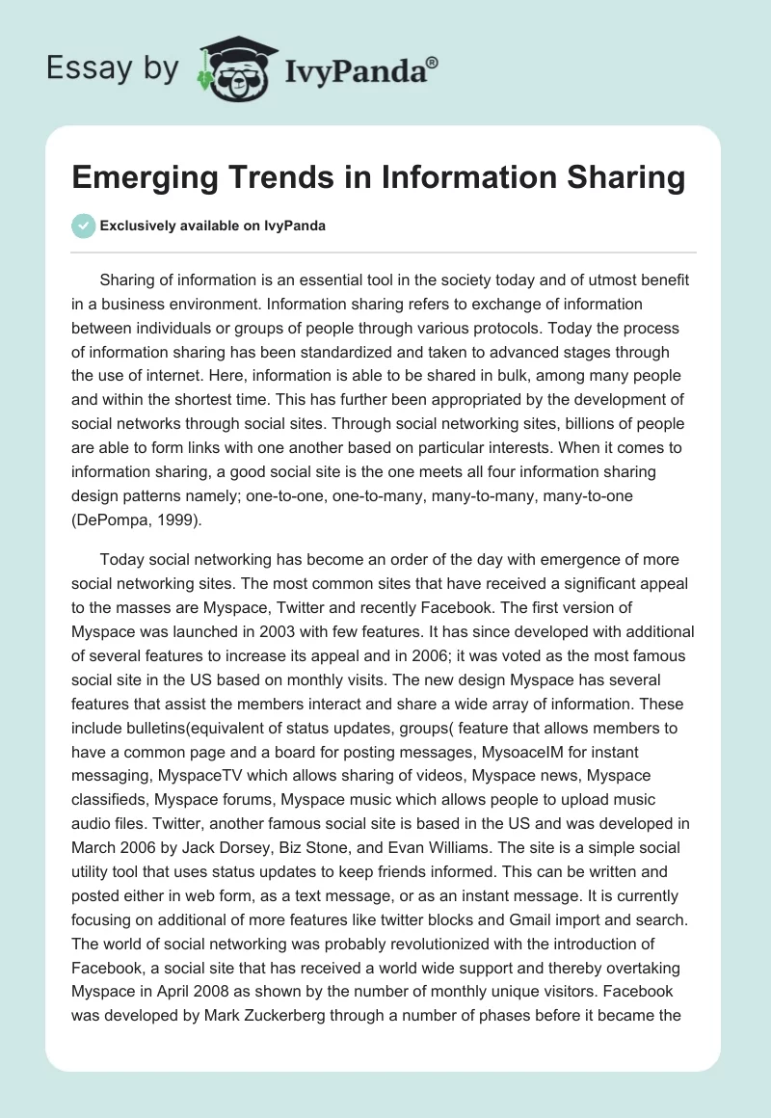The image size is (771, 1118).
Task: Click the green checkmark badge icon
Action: click(x=84, y=226)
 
